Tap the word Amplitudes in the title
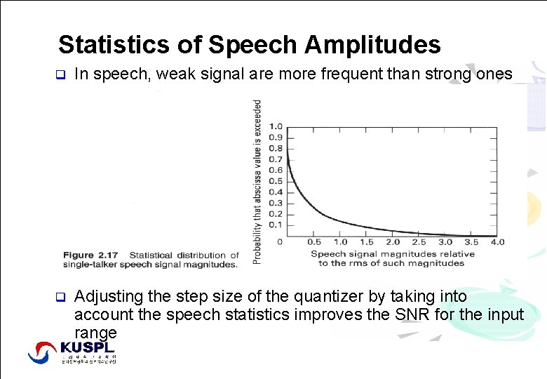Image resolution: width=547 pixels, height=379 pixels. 372,45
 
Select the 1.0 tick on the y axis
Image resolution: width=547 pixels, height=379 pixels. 276,126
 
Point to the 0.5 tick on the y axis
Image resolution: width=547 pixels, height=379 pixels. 276,181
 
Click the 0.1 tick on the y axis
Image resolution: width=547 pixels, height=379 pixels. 276,225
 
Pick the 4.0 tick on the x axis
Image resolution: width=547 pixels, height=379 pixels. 497,242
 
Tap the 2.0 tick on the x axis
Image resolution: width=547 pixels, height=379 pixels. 392,242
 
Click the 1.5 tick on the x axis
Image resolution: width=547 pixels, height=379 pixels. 365,242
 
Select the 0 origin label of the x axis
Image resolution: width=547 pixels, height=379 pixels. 280,241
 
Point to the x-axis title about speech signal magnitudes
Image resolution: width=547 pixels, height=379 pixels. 392,258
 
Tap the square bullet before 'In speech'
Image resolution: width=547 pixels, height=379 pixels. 60,74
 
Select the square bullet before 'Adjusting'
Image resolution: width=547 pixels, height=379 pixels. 60,297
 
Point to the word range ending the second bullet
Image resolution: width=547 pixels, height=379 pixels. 95,331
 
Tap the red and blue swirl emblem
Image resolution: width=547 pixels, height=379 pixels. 42,352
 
